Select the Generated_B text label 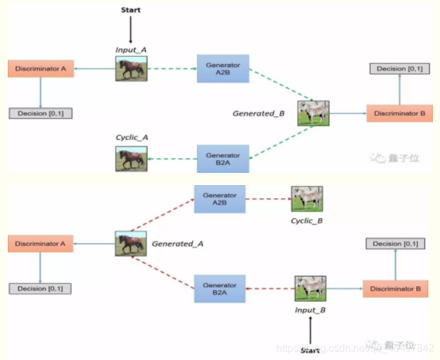pyautogui.click(x=258, y=113)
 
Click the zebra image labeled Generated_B pyautogui.click(x=314, y=113)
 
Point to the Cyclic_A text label pyautogui.click(x=131, y=138)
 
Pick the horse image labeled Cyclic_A pyautogui.click(x=131, y=158)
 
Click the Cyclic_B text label pyautogui.click(x=306, y=221)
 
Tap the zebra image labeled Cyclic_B pyautogui.click(x=307, y=199)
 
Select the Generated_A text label pyautogui.click(x=173, y=243)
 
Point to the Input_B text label pyautogui.click(x=311, y=309)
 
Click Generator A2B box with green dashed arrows pyautogui.click(x=223, y=69)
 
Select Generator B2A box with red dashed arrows pyautogui.click(x=220, y=289)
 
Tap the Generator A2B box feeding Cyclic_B pyautogui.click(x=220, y=199)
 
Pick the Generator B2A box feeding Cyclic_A pyautogui.click(x=223, y=159)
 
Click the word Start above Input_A pyautogui.click(x=131, y=10)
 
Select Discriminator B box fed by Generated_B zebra pyautogui.click(x=399, y=113)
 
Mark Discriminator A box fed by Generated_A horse pyautogui.click(x=40, y=244)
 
